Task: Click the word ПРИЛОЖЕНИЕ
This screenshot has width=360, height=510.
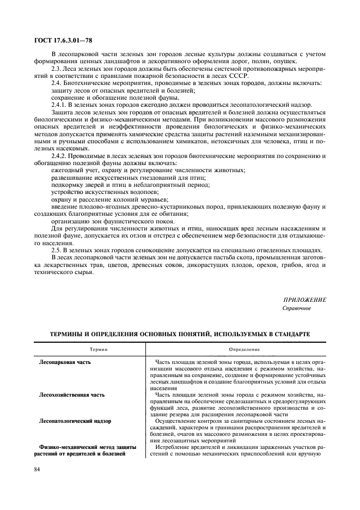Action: click(304, 300)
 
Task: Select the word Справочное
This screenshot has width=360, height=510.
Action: click(296, 308)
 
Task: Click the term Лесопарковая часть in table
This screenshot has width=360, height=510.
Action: click(65, 362)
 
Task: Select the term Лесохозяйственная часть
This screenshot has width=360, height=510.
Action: click(72, 394)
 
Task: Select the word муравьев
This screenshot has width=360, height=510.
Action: click(155, 199)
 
